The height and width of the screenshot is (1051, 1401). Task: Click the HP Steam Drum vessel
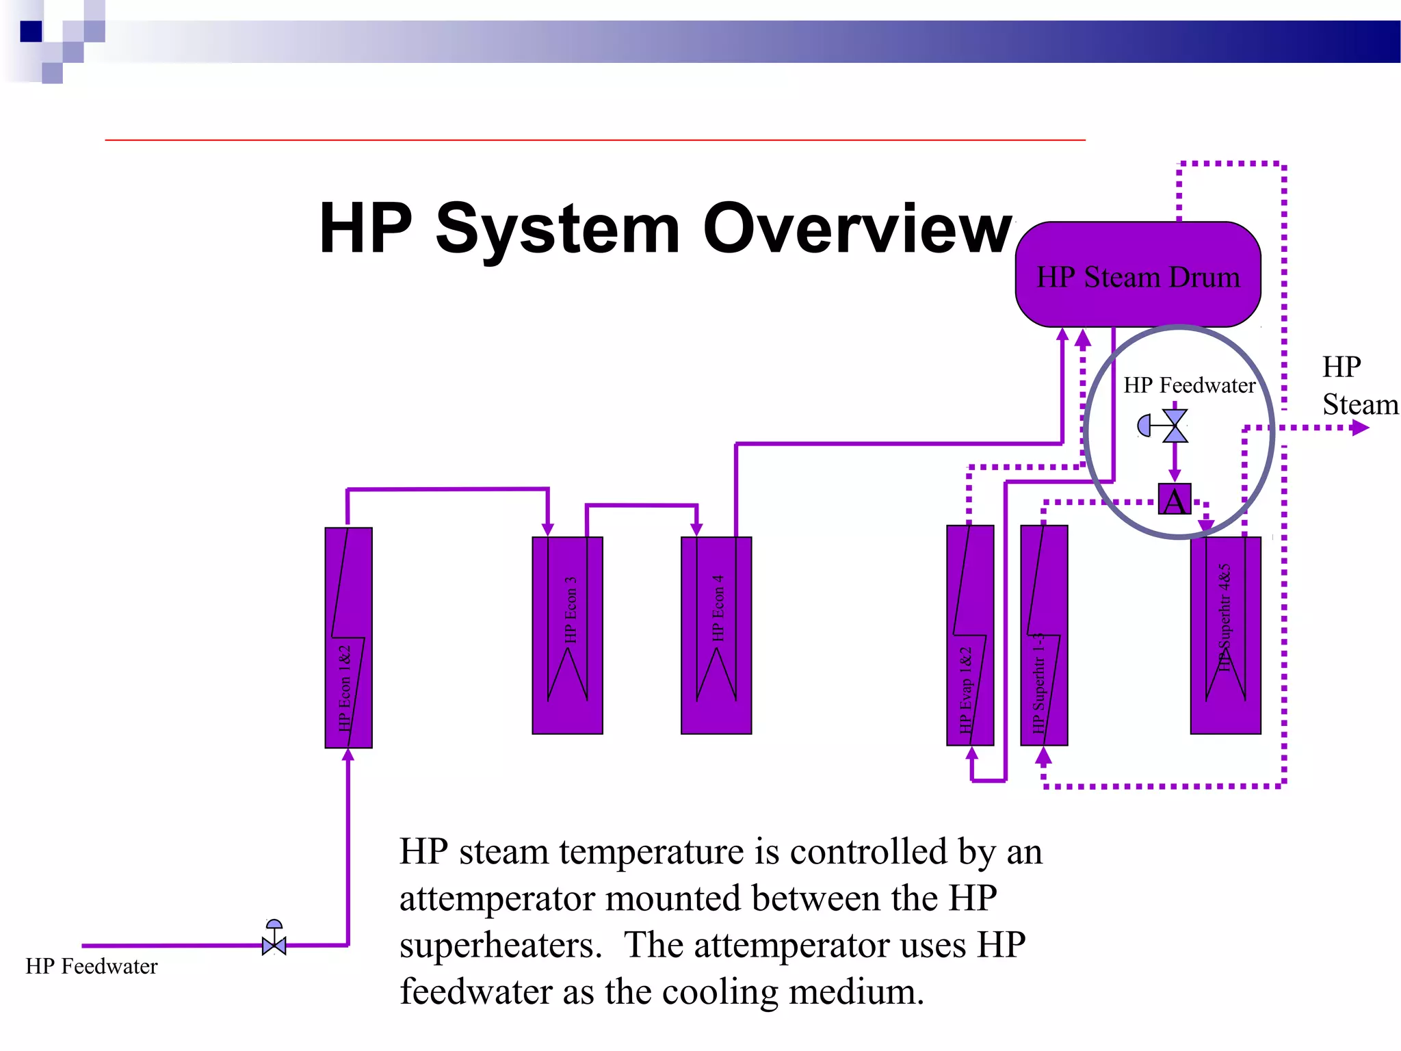[1138, 274]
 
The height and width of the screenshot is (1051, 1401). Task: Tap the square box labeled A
[1175, 499]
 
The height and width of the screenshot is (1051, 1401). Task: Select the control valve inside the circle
[1175, 426]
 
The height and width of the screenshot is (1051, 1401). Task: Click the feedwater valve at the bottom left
[274, 944]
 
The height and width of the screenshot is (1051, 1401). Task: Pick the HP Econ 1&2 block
[348, 637]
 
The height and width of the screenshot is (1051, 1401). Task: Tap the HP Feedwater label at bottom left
[92, 966]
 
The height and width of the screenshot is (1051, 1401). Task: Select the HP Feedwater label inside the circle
[1189, 385]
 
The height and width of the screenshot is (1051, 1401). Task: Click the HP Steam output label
[1359, 386]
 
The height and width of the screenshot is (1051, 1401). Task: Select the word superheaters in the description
[500, 946]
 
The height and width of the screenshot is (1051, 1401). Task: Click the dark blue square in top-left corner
[31, 31]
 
